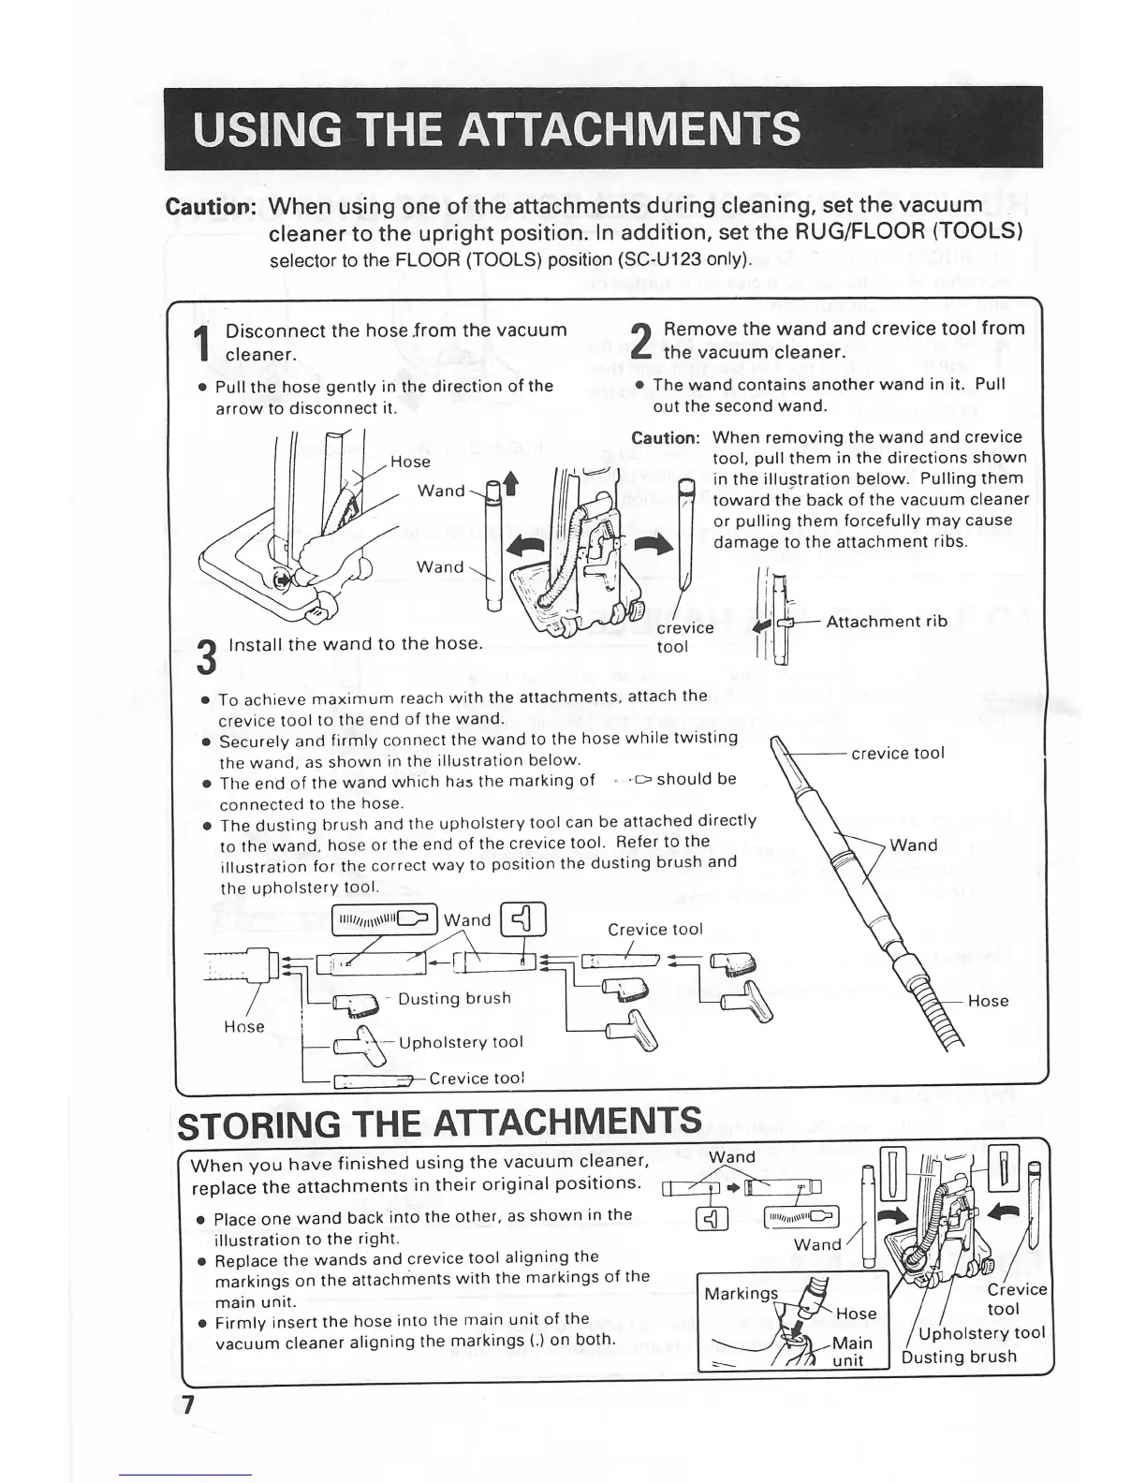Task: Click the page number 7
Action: coord(188,1405)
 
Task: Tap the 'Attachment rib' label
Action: coord(887,621)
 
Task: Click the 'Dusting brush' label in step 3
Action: coord(454,998)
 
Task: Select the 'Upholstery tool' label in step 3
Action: coord(461,1042)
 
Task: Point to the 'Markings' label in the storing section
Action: coord(741,1293)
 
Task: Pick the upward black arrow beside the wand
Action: coord(510,483)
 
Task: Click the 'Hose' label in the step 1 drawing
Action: coord(410,462)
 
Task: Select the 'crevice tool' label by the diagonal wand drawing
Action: coord(897,753)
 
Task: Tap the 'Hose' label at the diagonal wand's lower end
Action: coord(988,1001)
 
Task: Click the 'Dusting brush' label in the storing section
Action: coord(959,1357)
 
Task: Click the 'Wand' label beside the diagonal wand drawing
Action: coord(913,844)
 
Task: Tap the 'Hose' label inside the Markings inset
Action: coord(856,1314)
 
